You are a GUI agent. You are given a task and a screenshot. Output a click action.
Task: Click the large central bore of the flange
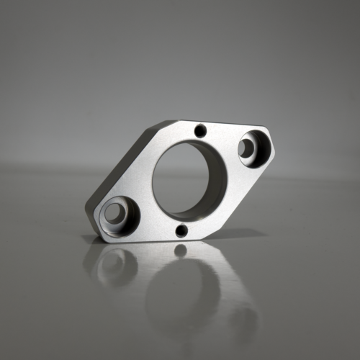tap(189, 180)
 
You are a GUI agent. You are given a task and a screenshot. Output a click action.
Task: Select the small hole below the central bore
tap(181, 230)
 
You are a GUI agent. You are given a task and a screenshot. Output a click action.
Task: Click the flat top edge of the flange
tap(216, 124)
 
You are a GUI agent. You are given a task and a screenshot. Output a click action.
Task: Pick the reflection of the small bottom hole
tap(180, 250)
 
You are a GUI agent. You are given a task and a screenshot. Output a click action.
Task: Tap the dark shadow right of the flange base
tap(238, 234)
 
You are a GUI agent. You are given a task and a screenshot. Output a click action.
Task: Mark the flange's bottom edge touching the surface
tap(158, 238)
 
